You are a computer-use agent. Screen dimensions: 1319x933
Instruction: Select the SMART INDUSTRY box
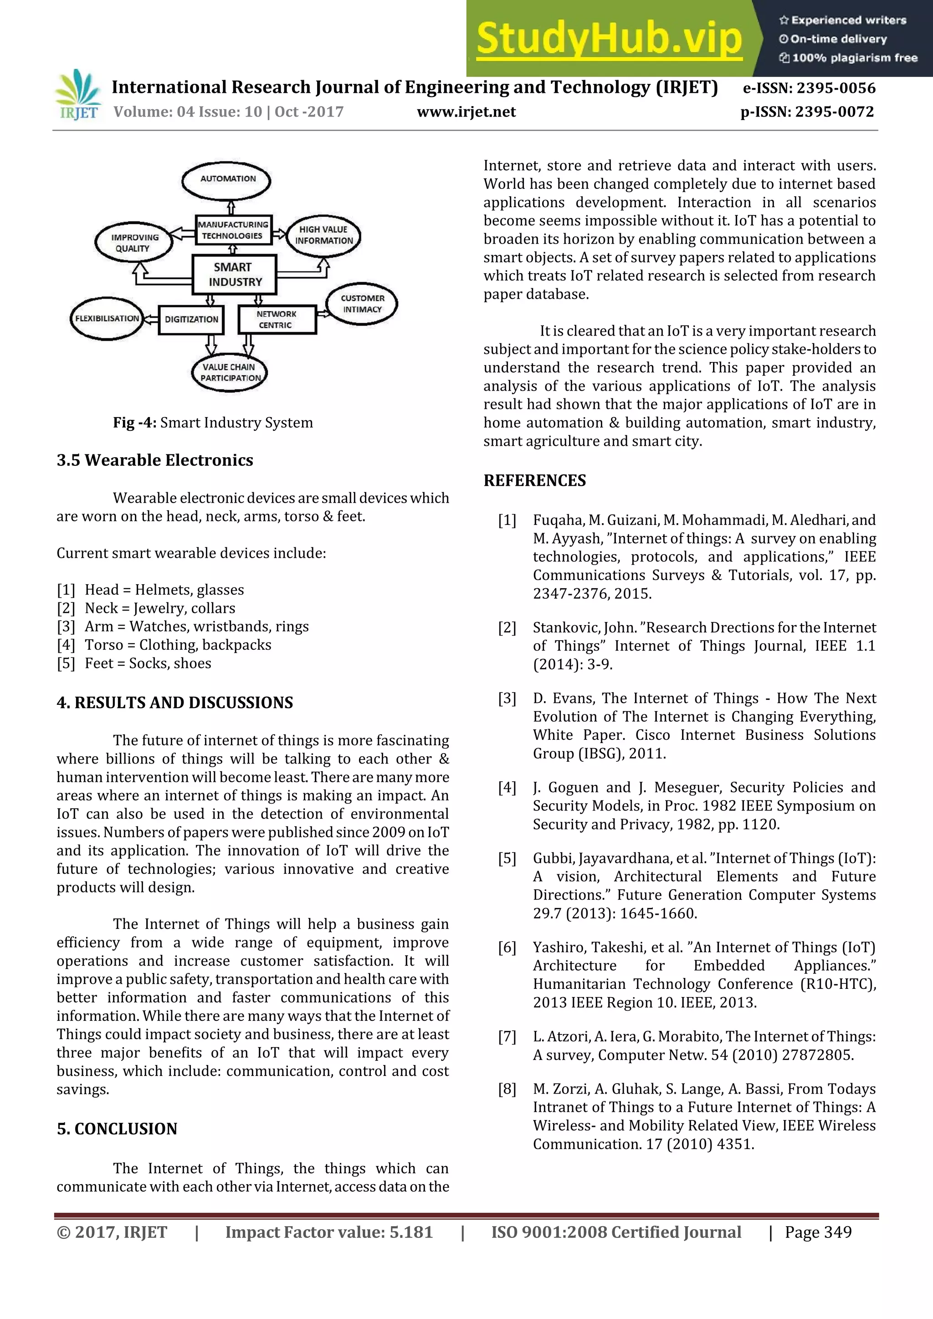click(235, 275)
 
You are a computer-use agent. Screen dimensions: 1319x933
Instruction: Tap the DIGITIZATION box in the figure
click(191, 320)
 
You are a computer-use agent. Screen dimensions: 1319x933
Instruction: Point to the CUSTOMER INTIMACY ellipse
click(362, 304)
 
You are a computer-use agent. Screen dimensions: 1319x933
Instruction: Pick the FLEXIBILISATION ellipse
click(107, 319)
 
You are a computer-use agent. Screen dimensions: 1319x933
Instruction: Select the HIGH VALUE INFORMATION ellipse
click(323, 235)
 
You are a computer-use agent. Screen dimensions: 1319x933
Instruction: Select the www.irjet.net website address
click(466, 112)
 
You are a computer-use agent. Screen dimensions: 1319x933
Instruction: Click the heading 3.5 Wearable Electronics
click(154, 460)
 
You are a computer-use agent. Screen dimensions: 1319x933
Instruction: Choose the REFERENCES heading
click(535, 480)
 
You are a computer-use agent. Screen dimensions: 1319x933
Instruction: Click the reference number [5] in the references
click(507, 858)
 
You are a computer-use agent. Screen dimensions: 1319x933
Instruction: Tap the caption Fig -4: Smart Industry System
click(213, 423)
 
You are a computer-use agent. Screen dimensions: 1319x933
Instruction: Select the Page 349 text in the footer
click(818, 1232)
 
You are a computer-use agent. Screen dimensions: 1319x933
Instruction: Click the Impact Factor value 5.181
click(329, 1232)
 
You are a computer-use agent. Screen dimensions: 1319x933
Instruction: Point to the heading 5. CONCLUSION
click(117, 1129)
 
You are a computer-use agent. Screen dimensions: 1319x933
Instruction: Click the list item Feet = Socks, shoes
click(148, 663)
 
